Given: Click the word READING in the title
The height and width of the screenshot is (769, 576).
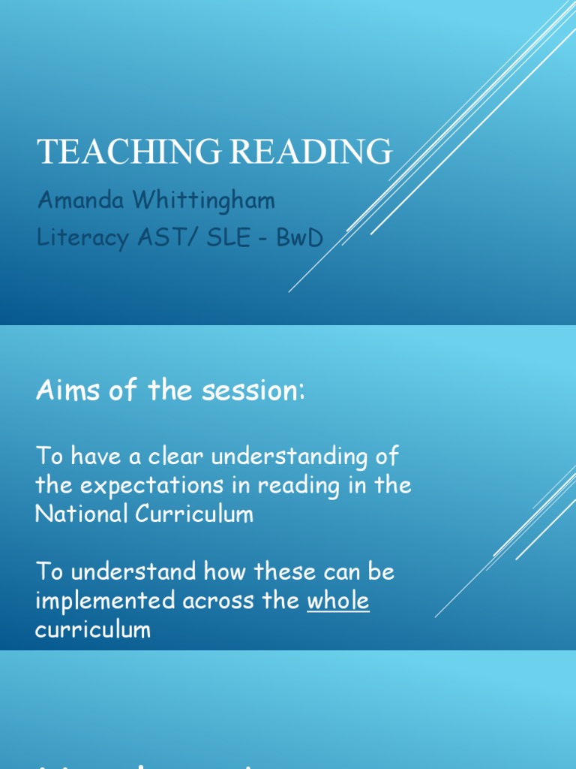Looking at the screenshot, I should coord(310,152).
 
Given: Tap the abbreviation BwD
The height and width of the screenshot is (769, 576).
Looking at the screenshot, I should coord(300,238).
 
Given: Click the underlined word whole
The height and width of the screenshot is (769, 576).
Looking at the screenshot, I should coord(338,601).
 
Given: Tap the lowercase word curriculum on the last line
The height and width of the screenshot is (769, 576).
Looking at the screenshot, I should coord(92,629).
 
